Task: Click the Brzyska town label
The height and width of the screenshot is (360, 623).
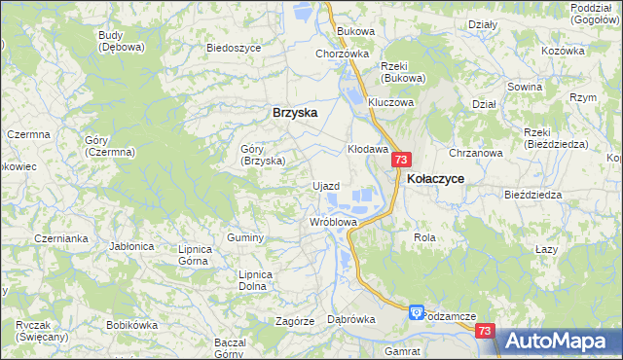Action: (x=295, y=113)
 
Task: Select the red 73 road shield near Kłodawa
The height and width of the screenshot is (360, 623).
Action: (x=403, y=160)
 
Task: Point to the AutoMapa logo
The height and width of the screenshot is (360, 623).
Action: (x=560, y=342)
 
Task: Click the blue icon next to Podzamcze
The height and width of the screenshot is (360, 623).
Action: (x=416, y=312)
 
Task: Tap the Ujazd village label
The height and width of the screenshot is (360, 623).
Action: (x=324, y=186)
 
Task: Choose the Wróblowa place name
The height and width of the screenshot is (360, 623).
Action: (x=333, y=222)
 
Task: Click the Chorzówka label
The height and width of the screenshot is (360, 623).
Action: (x=342, y=54)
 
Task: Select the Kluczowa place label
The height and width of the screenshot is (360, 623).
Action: (x=390, y=102)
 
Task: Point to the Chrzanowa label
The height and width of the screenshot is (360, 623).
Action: (x=475, y=153)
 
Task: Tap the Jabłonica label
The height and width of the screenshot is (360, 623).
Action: (x=132, y=246)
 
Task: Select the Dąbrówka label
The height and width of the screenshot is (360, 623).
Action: (x=351, y=318)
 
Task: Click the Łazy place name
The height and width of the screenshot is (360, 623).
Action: (x=546, y=249)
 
